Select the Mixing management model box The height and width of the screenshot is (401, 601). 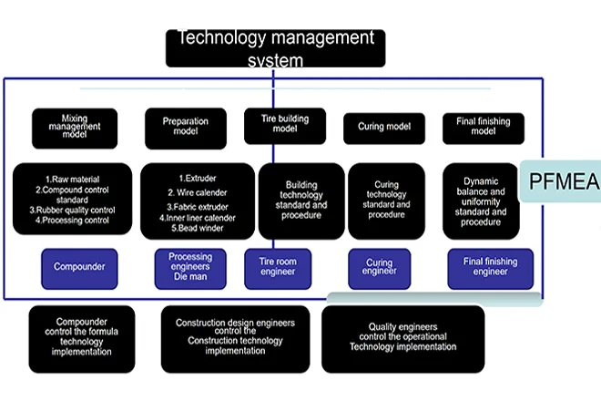click(75, 129)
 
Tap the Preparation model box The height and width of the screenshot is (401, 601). click(186, 128)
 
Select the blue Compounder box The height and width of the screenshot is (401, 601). click(79, 268)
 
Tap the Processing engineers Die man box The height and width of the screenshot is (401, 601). click(190, 268)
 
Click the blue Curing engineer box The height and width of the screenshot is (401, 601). click(383, 268)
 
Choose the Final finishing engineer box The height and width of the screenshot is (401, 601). click(489, 268)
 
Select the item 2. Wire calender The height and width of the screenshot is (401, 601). click(197, 192)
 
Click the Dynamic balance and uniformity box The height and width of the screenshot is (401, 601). click(481, 200)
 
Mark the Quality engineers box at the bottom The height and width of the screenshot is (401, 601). click(403, 336)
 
